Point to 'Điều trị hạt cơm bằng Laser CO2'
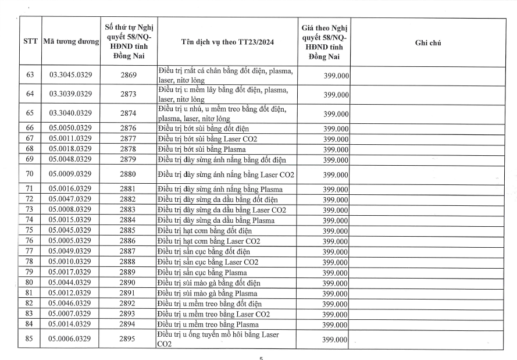[209, 241]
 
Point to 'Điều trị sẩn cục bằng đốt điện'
[204, 251]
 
